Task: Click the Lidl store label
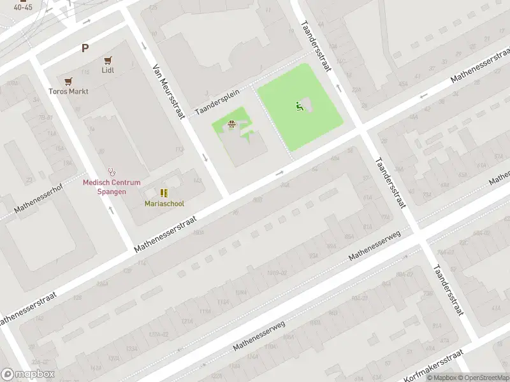108,70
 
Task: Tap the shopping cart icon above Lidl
108,60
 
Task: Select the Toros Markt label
68,91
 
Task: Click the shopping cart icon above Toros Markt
68,81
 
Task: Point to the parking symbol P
84,48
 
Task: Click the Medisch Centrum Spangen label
103,187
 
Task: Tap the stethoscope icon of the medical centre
113,171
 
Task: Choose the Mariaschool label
164,203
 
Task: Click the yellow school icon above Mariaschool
164,192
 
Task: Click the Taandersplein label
217,101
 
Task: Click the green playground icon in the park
298,106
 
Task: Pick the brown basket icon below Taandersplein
232,124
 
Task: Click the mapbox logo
28,374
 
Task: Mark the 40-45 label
23,6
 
